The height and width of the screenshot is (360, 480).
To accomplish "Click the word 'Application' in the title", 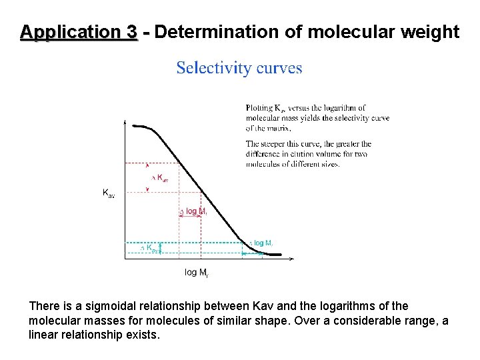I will (79, 31).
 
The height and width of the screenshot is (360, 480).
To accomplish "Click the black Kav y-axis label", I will (108, 193).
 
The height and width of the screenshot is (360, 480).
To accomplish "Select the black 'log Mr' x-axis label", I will (196, 272).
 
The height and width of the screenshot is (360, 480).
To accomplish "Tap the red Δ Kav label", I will (161, 178).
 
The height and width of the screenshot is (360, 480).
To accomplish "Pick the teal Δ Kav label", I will (149, 249).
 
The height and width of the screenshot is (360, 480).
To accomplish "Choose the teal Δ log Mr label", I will (262, 243).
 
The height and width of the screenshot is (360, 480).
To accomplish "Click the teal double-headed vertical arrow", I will (161, 248).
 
